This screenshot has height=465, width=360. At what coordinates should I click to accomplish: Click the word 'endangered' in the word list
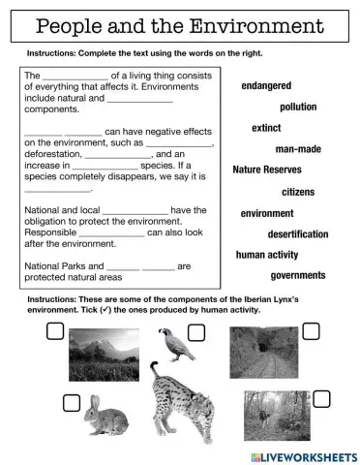266,86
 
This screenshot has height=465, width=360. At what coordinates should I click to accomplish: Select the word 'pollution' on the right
298,107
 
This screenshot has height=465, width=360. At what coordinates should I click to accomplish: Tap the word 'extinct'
266,128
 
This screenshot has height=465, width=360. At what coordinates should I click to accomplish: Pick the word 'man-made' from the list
298,149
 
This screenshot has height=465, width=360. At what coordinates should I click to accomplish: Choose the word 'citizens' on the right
298,192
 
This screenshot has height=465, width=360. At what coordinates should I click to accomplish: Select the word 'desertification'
298,234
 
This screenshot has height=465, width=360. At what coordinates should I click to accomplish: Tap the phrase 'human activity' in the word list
267,255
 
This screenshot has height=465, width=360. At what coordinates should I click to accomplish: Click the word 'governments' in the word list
298,276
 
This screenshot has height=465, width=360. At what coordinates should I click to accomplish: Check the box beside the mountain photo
55,332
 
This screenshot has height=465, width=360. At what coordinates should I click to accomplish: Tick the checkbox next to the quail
196,333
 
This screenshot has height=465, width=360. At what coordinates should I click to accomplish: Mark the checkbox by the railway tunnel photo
311,331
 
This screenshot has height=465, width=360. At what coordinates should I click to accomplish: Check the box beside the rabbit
71,402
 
